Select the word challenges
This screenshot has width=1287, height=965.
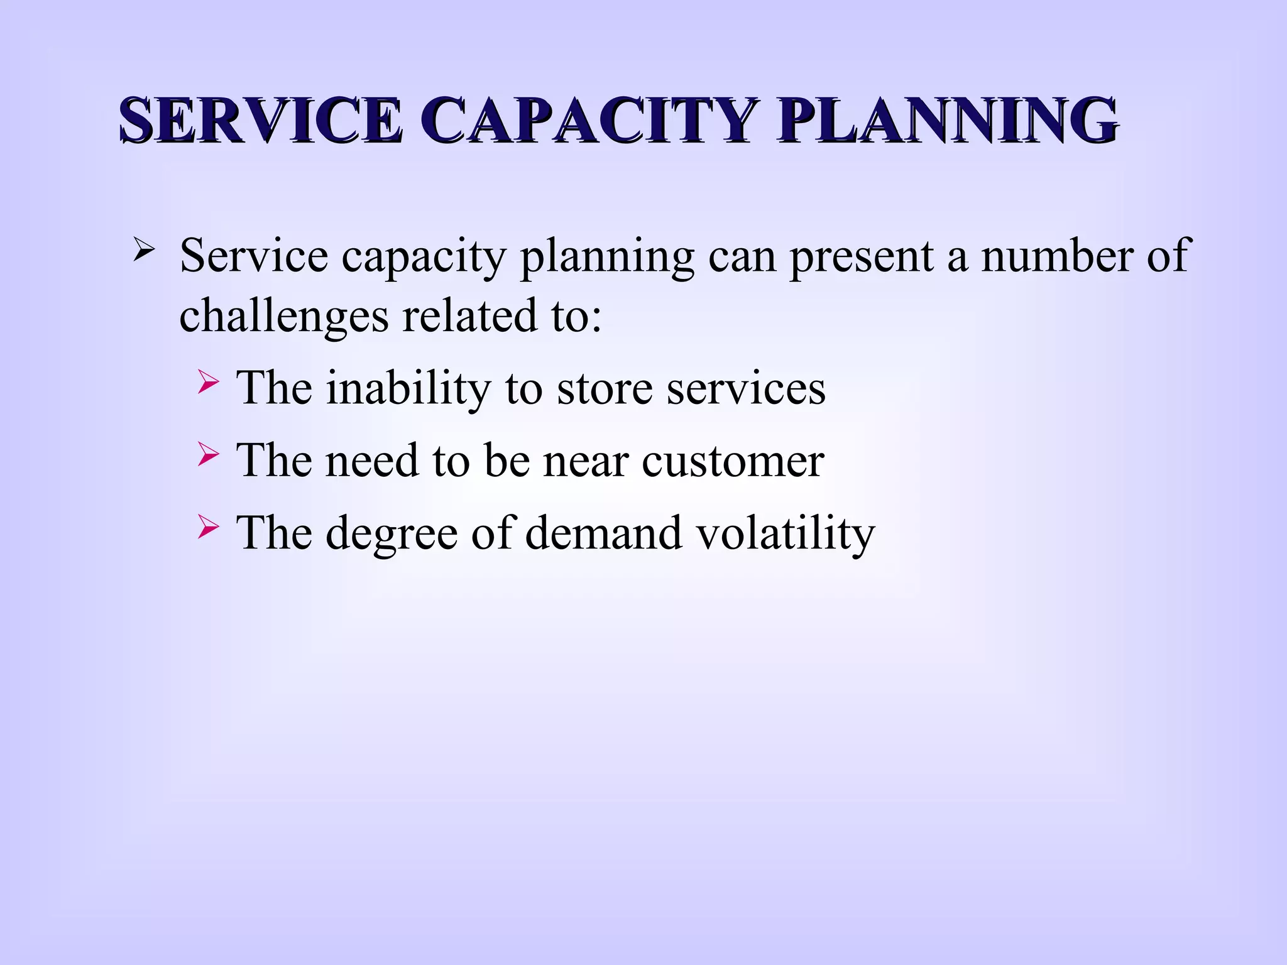283,315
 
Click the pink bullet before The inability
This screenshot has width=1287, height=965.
208,381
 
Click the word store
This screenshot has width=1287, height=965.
605,388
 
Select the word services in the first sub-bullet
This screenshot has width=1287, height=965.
746,388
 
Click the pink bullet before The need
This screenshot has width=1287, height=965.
208,454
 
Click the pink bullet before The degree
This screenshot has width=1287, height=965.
208,526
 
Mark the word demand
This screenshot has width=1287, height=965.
603,533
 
